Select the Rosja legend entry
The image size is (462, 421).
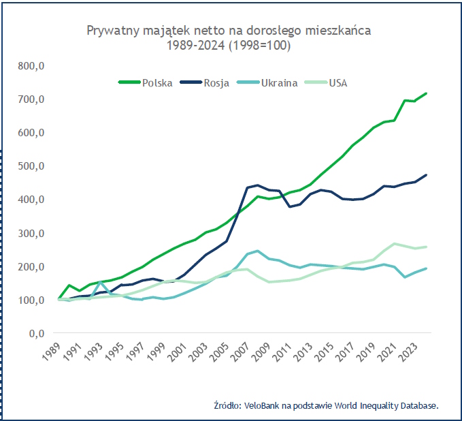(216, 83)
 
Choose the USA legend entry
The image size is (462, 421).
(338, 83)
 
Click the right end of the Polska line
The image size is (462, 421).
(426, 93)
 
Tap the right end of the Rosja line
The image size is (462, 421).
(426, 175)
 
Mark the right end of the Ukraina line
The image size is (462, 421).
(426, 268)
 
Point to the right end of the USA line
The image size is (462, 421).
(426, 247)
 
